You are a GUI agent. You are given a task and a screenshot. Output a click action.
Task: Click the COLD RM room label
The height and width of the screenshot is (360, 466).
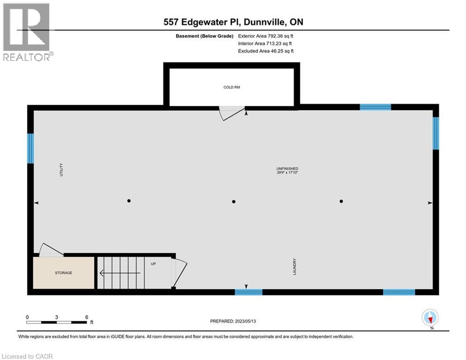pyautogui.click(x=231, y=87)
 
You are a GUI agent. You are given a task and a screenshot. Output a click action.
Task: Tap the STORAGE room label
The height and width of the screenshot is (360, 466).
pyautogui.click(x=64, y=273)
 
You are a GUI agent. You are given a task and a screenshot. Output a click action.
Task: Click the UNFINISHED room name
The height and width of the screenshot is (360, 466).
pyautogui.click(x=287, y=169)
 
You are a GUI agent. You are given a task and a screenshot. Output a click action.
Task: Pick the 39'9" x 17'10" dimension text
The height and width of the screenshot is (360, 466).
pyautogui.click(x=287, y=173)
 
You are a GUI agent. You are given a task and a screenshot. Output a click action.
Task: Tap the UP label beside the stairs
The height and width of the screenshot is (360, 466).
pyautogui.click(x=153, y=264)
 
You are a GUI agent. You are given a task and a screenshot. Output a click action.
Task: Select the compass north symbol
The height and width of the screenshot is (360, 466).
pyautogui.click(x=430, y=318)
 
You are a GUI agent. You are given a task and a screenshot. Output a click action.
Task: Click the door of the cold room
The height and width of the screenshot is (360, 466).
pyautogui.click(x=233, y=113)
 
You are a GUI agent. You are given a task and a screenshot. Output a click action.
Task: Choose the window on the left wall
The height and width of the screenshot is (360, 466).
pyautogui.click(x=30, y=149)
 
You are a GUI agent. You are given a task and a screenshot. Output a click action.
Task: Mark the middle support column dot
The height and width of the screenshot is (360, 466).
pyautogui.click(x=234, y=202)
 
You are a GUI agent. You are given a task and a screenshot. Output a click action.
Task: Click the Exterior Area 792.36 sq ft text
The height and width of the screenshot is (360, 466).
pyautogui.click(x=266, y=36)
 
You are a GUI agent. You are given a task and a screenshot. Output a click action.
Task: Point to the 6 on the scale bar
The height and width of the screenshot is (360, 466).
pyautogui.click(x=87, y=317)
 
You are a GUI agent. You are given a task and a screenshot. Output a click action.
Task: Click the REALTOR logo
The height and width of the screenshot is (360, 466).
pyautogui.click(x=27, y=32)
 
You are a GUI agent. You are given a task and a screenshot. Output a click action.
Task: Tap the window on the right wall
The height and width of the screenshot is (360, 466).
pyautogui.click(x=436, y=133)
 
